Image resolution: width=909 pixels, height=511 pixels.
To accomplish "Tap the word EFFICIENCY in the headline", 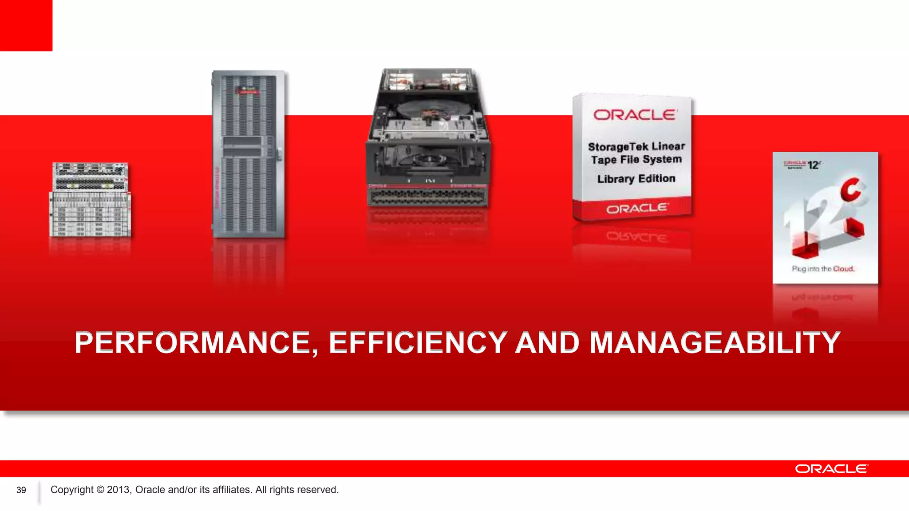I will [418, 342].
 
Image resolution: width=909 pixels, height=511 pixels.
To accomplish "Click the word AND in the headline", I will [547, 342].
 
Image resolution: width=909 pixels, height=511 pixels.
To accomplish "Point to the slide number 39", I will [21, 490].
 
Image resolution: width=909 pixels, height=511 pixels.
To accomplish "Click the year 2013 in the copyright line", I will [118, 490].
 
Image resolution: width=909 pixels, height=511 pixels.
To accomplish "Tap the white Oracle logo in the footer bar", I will [831, 469].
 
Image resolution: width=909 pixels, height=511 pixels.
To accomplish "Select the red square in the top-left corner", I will [26, 25].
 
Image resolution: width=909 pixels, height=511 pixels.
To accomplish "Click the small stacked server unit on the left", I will [90, 200].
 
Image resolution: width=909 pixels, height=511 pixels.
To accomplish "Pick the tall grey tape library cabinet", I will [249, 154].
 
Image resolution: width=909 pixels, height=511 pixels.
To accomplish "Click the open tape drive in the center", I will [428, 138].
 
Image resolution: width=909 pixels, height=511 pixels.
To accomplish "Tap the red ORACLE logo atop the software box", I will [635, 115].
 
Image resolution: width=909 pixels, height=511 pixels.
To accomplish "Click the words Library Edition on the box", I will [636, 179].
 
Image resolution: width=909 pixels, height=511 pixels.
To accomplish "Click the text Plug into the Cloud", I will [823, 269].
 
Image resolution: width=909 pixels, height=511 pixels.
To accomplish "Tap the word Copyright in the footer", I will [72, 490].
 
